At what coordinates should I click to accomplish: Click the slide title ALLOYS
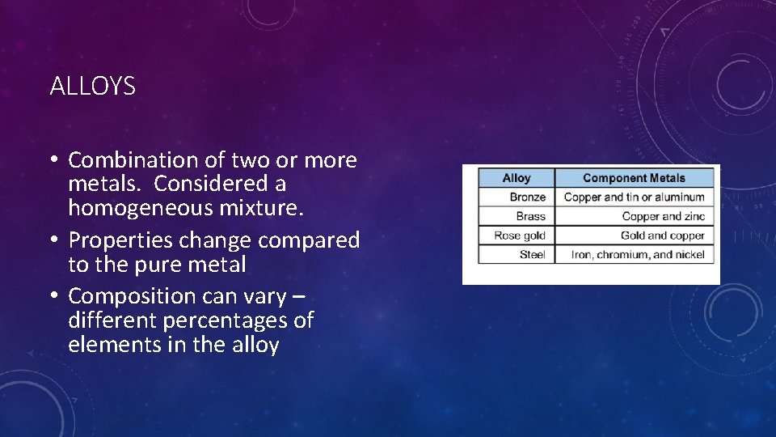click(x=92, y=87)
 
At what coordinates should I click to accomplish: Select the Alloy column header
click(x=517, y=178)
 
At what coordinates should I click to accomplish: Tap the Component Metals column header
click(x=634, y=178)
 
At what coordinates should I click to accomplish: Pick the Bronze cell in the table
click(x=528, y=197)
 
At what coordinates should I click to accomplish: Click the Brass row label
click(x=531, y=216)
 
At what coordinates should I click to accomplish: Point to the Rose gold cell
click(x=520, y=235)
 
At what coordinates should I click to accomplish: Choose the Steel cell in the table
click(x=532, y=254)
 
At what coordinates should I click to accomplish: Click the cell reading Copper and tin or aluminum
click(x=634, y=197)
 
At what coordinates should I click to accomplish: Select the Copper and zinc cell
click(x=663, y=216)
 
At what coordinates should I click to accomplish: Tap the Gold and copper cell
click(x=662, y=235)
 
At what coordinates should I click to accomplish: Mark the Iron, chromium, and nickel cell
click(x=637, y=254)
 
